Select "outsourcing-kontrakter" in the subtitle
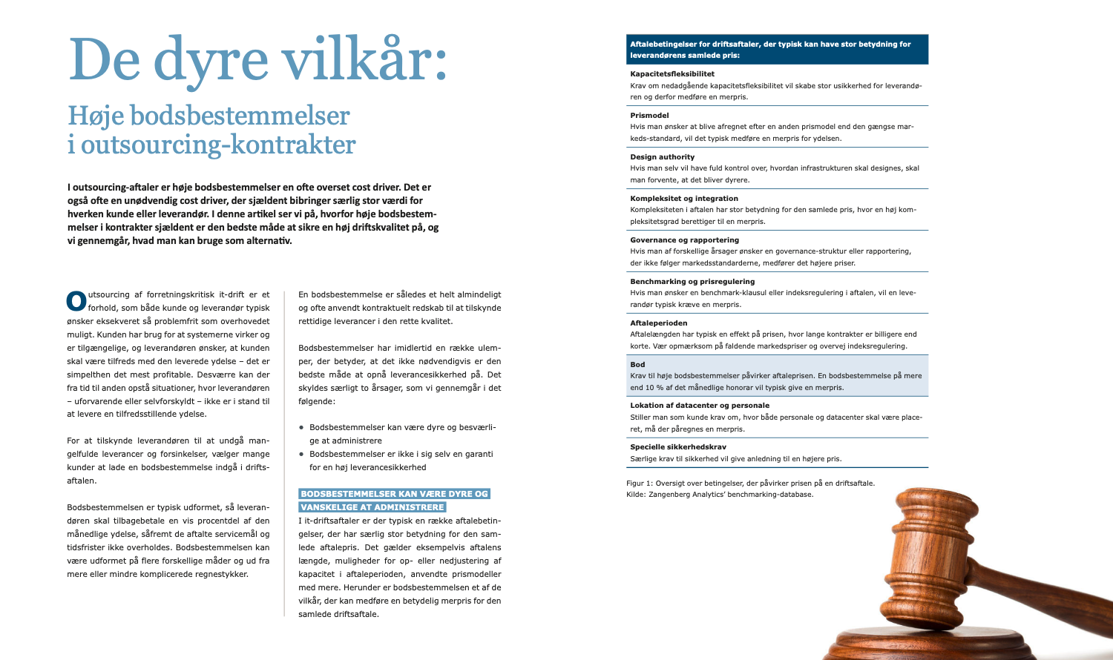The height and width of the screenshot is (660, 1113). click(x=218, y=145)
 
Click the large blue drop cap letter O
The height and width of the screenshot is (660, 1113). click(x=76, y=300)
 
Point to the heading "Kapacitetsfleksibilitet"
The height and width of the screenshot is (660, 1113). click(x=672, y=74)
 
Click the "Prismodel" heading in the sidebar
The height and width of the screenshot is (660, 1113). click(x=649, y=116)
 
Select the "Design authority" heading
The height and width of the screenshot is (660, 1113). click(x=662, y=157)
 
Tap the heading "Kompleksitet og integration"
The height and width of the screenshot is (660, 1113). click(x=684, y=199)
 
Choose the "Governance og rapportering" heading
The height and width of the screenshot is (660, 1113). click(x=684, y=240)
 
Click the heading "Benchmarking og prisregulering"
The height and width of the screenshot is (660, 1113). click(x=692, y=282)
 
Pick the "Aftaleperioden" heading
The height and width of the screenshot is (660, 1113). click(x=659, y=323)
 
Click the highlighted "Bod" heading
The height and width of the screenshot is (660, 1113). click(x=637, y=365)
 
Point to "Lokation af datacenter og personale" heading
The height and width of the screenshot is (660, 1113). click(x=700, y=406)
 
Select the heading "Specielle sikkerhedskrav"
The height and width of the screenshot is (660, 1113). click(x=678, y=447)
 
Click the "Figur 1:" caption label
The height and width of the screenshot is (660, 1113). click(x=640, y=484)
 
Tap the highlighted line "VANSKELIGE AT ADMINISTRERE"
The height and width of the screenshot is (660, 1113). click(x=372, y=507)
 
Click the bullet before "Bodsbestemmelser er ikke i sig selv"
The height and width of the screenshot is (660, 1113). click(x=301, y=454)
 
